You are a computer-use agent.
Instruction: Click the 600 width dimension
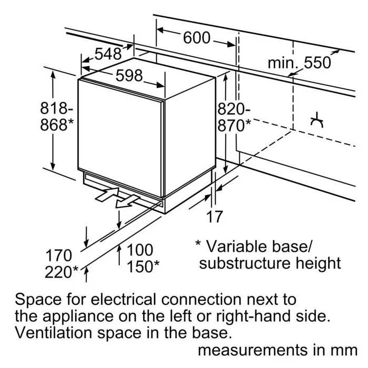coord(197,38)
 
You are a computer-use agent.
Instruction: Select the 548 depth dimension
coord(108,54)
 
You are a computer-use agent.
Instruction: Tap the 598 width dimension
coord(129,76)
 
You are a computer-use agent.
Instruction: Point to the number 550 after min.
coord(318,63)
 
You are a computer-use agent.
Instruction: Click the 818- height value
coord(57,108)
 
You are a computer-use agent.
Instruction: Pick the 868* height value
coord(57,125)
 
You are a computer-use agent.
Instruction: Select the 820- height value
coord(234,109)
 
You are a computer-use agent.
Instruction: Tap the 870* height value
coord(234,126)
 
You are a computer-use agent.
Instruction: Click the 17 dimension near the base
coord(214,217)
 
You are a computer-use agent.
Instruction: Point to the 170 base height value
coord(59,255)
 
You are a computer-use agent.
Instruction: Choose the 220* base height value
coord(62,272)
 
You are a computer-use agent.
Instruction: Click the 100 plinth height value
coord(140,250)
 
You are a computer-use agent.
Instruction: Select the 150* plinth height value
coord(143,267)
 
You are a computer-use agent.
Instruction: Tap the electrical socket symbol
coord(317,120)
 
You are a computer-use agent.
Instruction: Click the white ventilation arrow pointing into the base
coord(107,195)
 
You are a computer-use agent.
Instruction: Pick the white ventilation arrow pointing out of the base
coord(127,202)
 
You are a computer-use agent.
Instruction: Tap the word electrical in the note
coord(123,300)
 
